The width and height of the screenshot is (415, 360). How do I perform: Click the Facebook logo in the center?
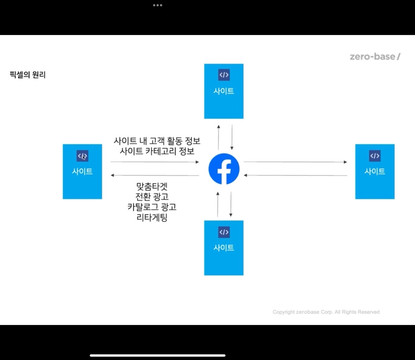coord(224,169)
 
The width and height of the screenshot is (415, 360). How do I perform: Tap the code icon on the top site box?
coord(224,75)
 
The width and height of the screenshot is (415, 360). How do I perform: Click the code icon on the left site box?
coord(82,156)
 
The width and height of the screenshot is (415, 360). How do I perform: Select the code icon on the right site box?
coord(375,156)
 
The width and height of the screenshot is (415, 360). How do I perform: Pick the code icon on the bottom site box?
coord(224,232)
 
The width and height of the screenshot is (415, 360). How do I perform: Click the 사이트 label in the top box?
coord(224,91)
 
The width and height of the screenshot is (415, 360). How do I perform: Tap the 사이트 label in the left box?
coord(82,171)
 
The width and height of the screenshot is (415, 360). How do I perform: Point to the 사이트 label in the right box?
coord(375,171)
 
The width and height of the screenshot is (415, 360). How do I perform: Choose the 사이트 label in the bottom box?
coord(224,248)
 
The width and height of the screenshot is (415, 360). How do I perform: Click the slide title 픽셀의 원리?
coord(28,75)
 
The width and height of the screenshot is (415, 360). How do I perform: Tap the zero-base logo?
coord(375,57)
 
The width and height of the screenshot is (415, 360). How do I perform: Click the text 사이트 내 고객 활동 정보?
coord(157,141)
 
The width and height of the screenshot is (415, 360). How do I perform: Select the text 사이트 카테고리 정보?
coord(157,151)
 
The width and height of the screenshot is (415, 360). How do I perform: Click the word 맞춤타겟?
coord(152,186)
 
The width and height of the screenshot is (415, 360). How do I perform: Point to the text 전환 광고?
coord(152,197)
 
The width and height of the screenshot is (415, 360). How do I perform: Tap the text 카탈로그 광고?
coord(152,207)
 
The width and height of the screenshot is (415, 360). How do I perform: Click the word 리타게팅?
coord(152,218)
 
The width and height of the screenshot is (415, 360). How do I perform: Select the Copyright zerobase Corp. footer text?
coord(326,312)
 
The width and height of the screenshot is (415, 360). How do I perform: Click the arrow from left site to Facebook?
coord(154,162)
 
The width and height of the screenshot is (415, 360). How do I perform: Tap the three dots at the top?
coord(157,5)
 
